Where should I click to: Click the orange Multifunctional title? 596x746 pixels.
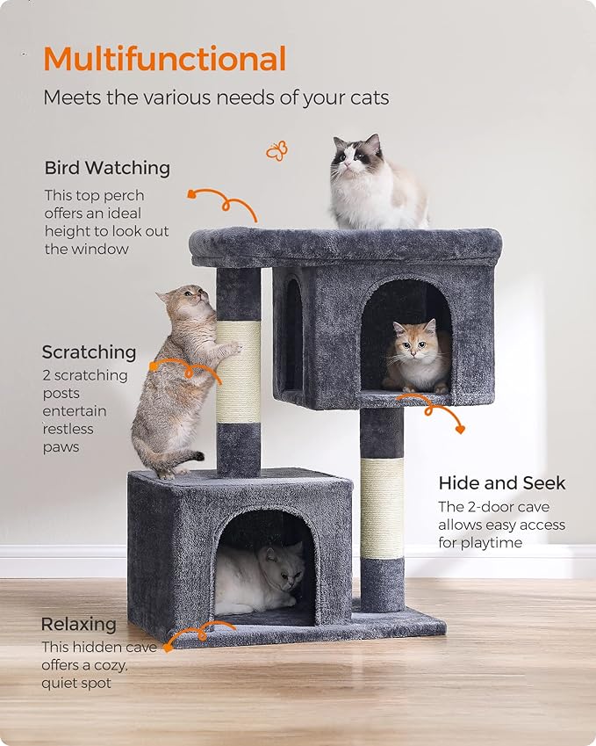[164, 60]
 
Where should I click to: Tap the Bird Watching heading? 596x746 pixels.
[107, 168]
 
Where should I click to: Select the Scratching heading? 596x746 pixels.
[89, 352]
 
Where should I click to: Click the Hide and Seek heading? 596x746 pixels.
[501, 483]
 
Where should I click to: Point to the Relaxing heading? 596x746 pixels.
[78, 625]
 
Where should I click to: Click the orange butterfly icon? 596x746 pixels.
[276, 151]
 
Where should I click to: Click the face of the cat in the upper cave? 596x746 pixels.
[416, 344]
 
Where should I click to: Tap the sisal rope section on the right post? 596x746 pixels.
[382, 507]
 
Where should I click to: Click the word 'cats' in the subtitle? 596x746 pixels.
[368, 98]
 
